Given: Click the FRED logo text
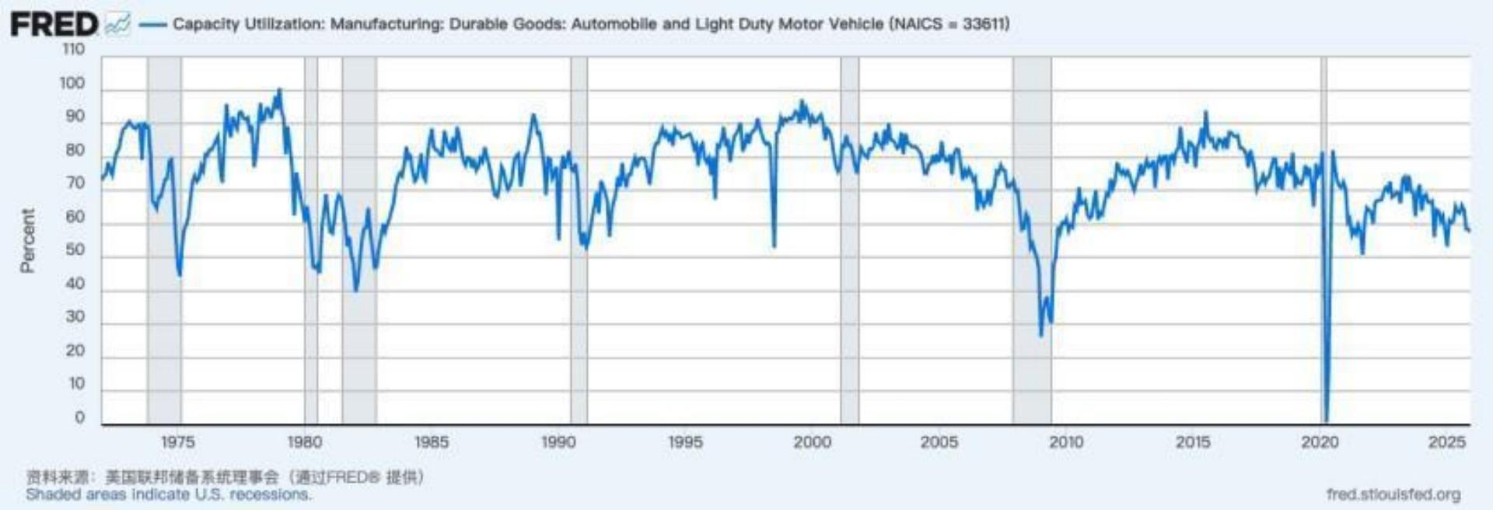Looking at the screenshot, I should coord(53,24).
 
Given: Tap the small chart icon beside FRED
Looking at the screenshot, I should coord(117,25).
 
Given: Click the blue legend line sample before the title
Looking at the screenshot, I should coord(152,25).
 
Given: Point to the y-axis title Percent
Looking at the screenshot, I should coord(28,240).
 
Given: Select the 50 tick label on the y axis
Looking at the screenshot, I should coord(75,250).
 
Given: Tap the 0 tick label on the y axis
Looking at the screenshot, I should coord(79,417).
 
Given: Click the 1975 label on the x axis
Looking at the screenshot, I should coord(178,442).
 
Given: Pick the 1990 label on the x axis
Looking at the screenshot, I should coord(558,442).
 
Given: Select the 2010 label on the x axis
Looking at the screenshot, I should coord(1066,442).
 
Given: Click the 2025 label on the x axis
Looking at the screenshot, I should coord(1447,442).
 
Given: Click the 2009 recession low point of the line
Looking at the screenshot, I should coord(1041,335).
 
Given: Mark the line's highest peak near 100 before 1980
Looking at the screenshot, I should coord(280,90).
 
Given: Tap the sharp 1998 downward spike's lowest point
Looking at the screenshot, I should coord(774,246).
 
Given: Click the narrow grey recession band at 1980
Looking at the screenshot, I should coord(311,233).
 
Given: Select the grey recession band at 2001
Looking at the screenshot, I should coord(850,233).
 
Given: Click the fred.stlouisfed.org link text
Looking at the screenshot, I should coord(1393,494).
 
